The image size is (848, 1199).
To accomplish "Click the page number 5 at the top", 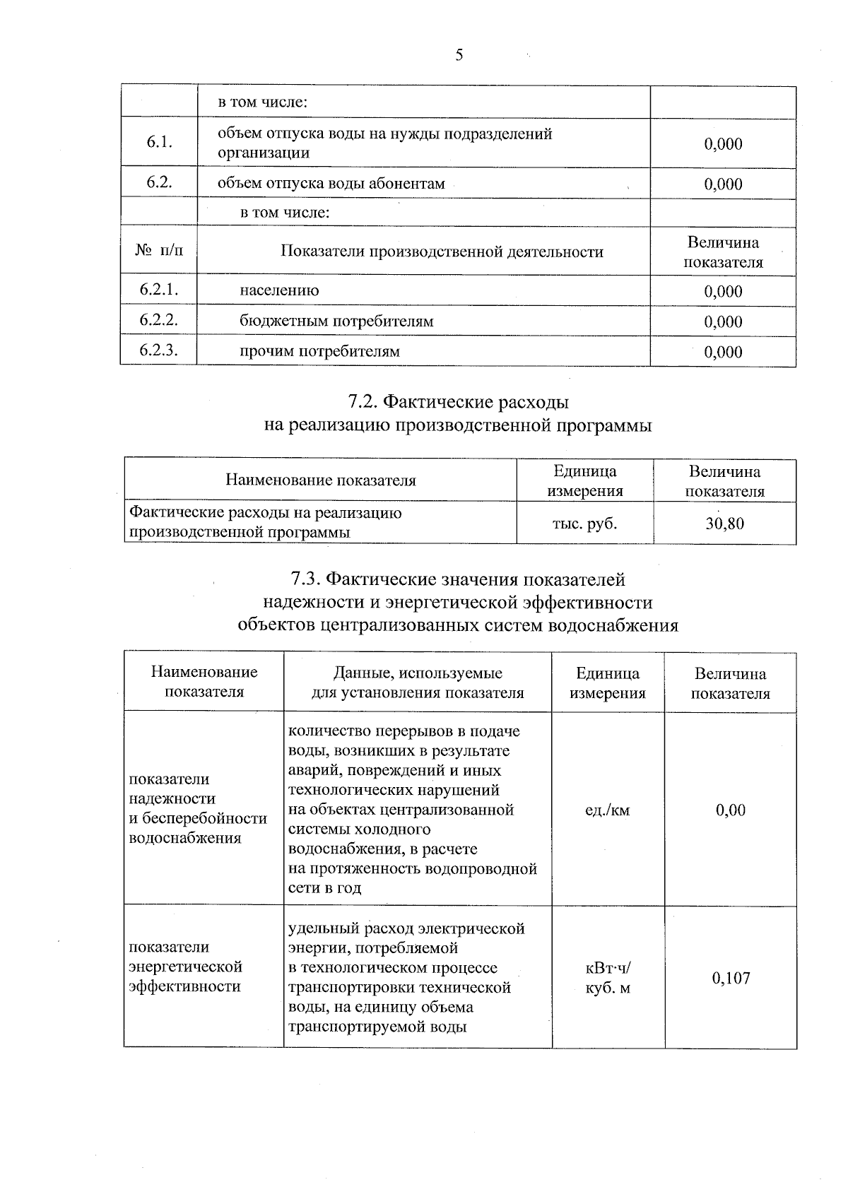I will [459, 55].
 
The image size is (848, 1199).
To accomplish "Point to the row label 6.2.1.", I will [158, 290].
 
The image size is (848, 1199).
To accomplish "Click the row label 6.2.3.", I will [158, 350].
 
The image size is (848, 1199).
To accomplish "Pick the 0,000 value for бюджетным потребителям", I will [723, 321].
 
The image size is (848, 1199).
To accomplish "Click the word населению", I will [279, 290].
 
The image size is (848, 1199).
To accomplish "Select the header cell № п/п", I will [158, 251].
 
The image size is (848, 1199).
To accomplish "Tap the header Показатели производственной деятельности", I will [442, 252].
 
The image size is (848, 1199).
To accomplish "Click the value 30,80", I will [725, 524].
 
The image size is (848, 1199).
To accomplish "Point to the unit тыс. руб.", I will [584, 524].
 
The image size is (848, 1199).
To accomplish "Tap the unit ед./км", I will [607, 810].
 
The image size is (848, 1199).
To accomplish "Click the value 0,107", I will [731, 979].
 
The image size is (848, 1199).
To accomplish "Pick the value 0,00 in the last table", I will [731, 810].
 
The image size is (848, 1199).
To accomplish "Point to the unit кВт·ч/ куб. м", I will [607, 978].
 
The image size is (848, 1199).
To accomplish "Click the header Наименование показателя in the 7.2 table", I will [321, 481].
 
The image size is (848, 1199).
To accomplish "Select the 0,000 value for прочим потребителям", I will [723, 352].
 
